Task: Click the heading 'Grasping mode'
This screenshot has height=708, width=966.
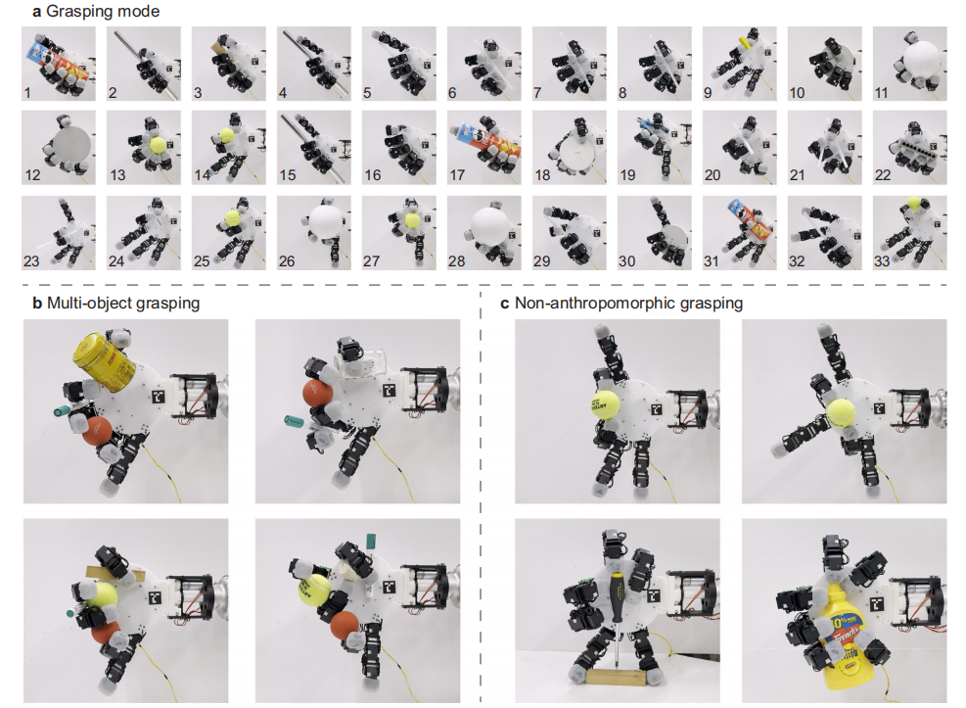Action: coord(103,11)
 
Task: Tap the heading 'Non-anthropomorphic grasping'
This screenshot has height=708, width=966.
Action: coord(628,304)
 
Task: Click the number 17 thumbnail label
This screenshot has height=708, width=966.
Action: coord(457,175)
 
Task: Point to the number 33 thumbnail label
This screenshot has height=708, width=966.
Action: coord(882,261)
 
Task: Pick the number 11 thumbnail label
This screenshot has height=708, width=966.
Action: coord(881,93)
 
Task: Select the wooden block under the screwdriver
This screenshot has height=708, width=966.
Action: coord(616,678)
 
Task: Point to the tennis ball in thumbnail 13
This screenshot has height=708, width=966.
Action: coord(158,145)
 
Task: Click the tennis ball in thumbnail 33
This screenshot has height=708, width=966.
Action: coord(914,204)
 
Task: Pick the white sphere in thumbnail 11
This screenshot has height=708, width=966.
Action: coord(921,61)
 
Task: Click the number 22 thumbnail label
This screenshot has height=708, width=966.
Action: coord(882,175)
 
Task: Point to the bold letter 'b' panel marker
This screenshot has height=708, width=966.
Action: coord(37,304)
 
